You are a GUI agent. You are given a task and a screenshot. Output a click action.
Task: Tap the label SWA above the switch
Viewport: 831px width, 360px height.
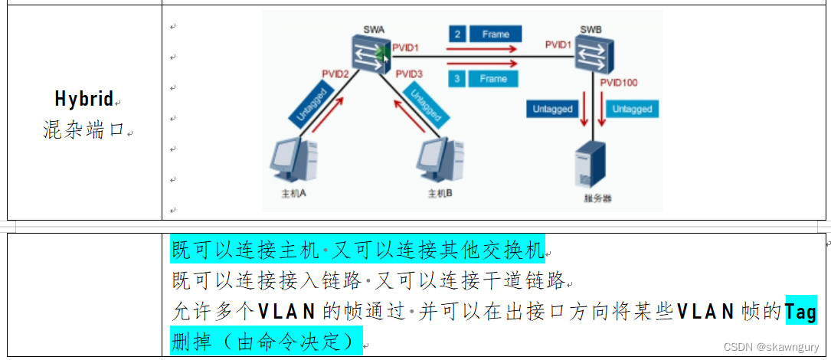point(374,31)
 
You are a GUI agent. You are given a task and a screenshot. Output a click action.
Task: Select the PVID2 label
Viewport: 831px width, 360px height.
point(335,74)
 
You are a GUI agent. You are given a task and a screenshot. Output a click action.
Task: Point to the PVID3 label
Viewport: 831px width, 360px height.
point(410,74)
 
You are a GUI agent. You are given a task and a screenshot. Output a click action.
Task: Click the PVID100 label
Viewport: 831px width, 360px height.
point(619,82)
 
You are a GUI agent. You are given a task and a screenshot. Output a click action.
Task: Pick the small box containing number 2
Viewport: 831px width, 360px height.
point(457,34)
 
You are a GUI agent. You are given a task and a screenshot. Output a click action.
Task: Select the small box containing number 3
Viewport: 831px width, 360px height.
point(457,79)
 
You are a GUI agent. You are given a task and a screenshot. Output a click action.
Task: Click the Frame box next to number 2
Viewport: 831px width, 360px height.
point(495,34)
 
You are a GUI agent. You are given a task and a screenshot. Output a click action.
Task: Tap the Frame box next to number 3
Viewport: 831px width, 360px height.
point(493,79)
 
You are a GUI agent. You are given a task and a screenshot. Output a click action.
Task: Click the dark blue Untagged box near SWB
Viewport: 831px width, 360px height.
point(553,109)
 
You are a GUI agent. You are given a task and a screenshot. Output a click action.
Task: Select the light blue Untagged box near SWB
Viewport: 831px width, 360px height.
point(633,109)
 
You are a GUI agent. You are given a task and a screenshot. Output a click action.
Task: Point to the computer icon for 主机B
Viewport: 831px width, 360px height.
point(440,162)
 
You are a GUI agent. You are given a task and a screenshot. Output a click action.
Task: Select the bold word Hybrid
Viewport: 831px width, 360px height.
point(83,99)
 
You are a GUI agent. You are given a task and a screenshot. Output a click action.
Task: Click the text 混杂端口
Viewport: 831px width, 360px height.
point(83,129)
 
